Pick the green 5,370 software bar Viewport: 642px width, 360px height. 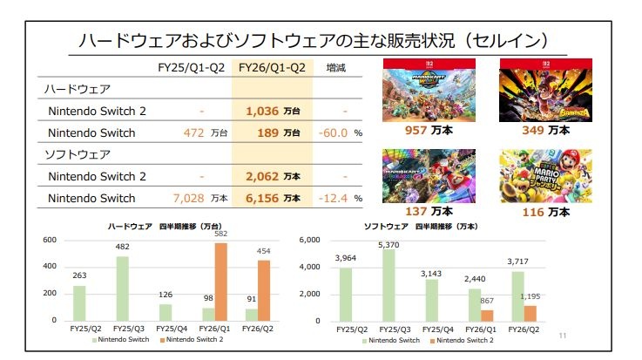(x=389, y=285)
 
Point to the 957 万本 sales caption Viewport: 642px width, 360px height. (x=428, y=131)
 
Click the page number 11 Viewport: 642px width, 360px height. (x=563, y=336)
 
